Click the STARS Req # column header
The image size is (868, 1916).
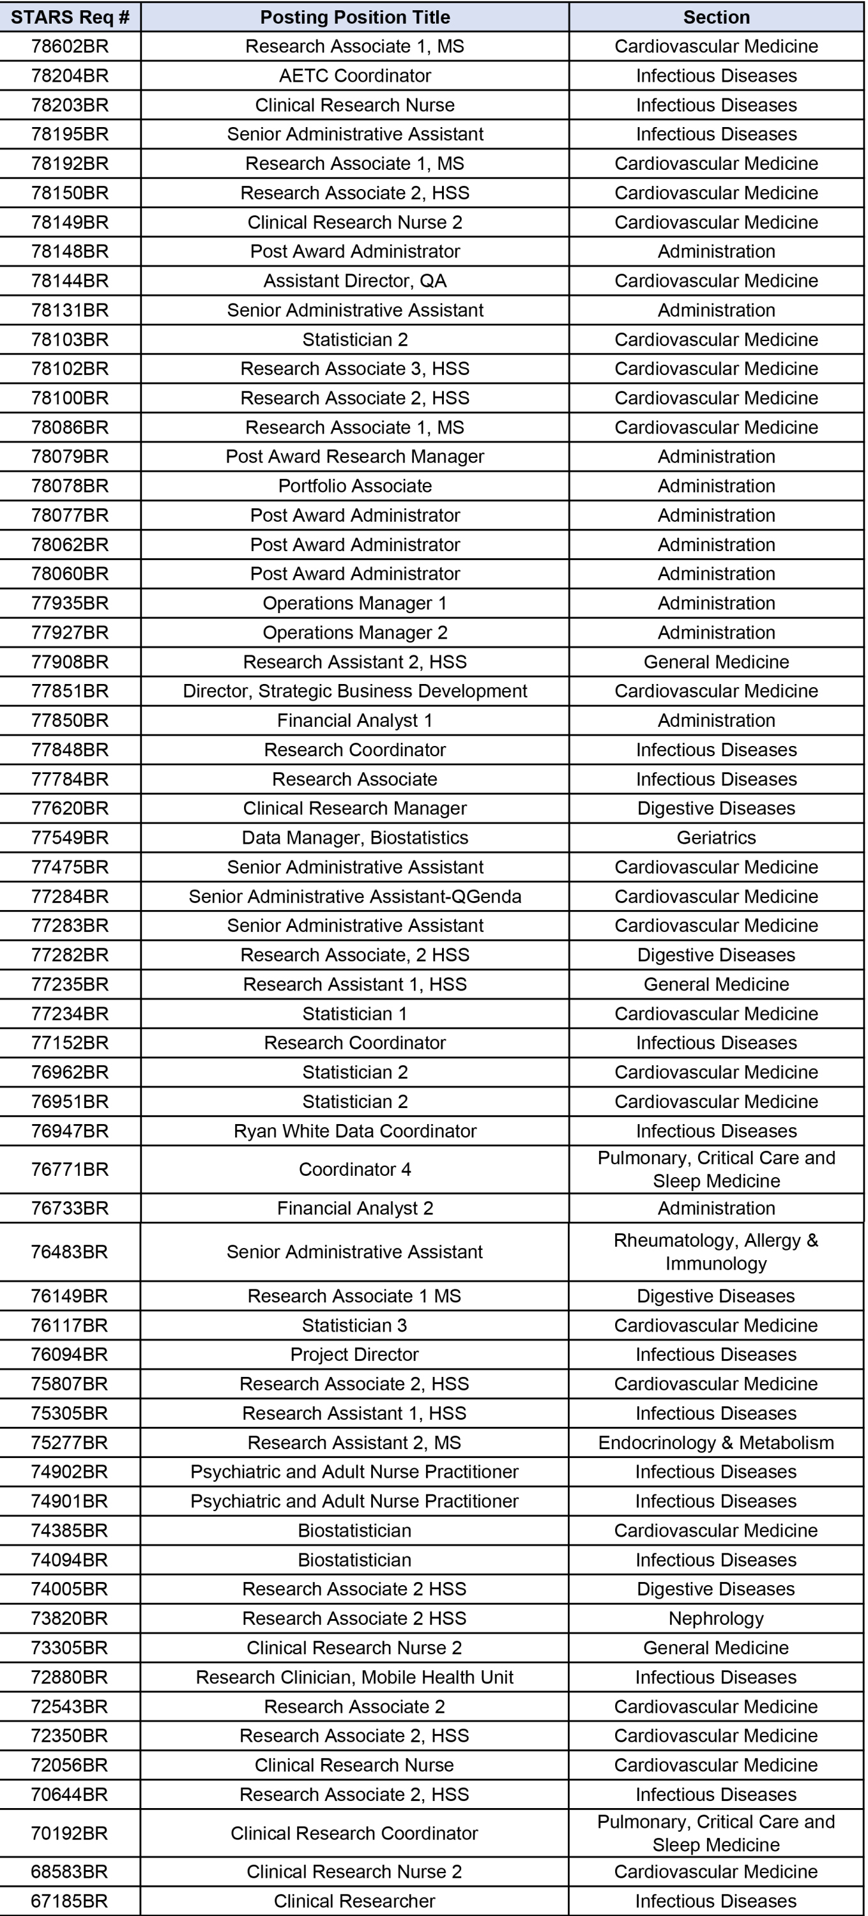click(70, 17)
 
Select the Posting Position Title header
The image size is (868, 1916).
click(354, 17)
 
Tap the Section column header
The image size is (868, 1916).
click(716, 17)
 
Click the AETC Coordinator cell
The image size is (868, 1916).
click(354, 76)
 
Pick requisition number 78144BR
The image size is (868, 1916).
click(70, 281)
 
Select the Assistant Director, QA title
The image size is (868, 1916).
click(354, 281)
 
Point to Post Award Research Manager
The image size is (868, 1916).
click(354, 457)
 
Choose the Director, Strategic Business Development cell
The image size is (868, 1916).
click(354, 691)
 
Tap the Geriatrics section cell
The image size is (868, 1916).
click(716, 837)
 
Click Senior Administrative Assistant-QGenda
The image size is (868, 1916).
click(354, 896)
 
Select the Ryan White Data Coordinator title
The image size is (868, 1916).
click(354, 1131)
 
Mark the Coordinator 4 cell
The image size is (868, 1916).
click(354, 1169)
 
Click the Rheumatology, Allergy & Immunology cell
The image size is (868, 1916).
click(716, 1252)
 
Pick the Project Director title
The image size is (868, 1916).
click(354, 1355)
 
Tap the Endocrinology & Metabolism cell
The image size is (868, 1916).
click(716, 1443)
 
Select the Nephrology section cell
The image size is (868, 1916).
click(716, 1618)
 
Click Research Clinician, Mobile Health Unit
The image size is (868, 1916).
click(354, 1677)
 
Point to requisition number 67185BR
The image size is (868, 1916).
click(70, 1901)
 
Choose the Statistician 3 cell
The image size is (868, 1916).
click(354, 1325)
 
